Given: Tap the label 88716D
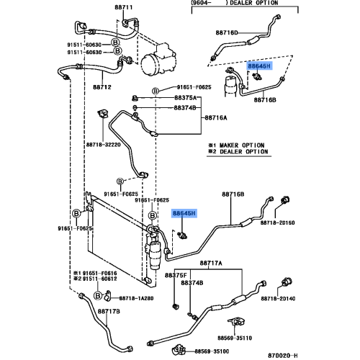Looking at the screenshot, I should tap(228, 32).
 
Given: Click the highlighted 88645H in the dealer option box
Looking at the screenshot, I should tap(258, 66).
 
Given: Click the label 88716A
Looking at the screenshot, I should tap(216, 117).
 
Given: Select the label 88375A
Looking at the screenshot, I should tap(186, 97).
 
